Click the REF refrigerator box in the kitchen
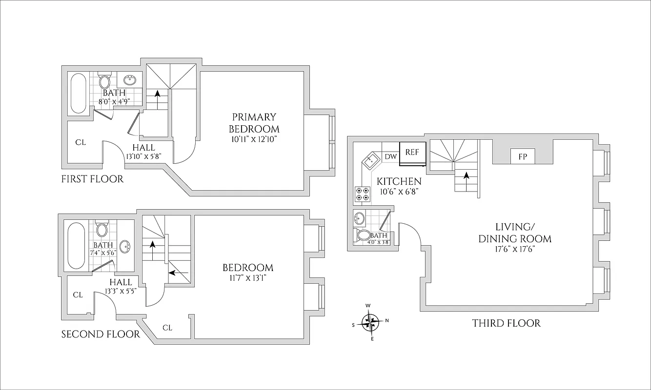point(412,152)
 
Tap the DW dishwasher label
point(390,156)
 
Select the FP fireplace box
point(522,157)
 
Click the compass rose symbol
point(370,321)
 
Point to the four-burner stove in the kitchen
point(362,194)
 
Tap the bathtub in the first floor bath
point(79,93)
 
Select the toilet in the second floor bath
point(102,229)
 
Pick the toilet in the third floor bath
point(364,236)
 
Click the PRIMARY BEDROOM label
point(255,123)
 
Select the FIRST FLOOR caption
point(92,179)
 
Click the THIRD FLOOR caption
point(506,323)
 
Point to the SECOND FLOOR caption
point(100,334)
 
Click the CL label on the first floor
point(81,142)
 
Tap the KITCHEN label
point(399,181)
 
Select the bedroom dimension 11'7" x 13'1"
point(248,278)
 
